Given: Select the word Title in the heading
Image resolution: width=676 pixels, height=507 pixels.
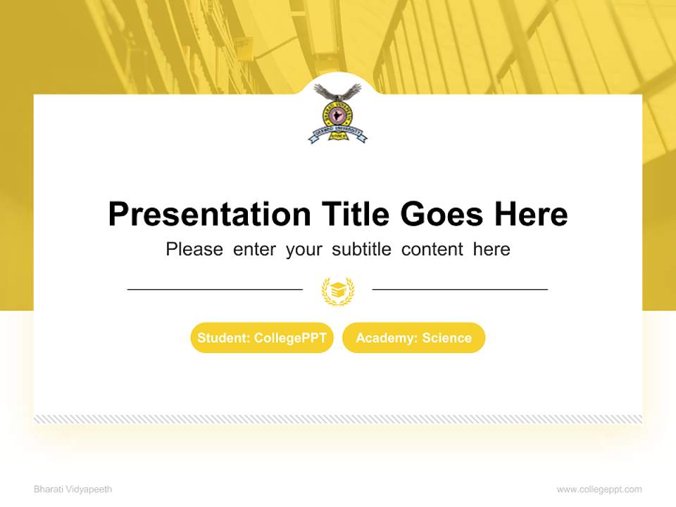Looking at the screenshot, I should click(355, 214).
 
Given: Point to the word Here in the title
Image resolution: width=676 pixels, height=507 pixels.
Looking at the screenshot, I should click(530, 214).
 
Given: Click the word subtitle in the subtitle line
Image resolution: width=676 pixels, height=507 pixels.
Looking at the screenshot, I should click(363, 249).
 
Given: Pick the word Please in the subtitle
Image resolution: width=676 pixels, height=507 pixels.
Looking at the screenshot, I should click(194, 249).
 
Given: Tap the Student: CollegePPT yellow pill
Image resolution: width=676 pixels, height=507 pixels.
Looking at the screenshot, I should click(262, 338).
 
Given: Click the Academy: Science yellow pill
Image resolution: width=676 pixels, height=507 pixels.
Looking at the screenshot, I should click(413, 338).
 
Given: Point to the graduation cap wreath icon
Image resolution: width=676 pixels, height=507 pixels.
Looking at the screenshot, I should click(338, 291).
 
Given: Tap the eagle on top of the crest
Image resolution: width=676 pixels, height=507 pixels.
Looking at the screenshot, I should click(337, 92).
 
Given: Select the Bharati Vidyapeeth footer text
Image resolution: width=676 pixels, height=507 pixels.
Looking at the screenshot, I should click(73, 489).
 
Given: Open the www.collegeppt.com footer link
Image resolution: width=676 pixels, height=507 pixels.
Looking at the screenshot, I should click(599, 489).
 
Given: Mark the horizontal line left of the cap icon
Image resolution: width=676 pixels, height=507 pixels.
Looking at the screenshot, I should click(215, 289).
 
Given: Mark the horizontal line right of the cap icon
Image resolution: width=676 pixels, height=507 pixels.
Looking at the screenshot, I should click(460, 289).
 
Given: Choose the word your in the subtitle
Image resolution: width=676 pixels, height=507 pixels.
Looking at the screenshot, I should click(303, 249).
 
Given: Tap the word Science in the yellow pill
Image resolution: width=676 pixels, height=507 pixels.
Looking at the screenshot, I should click(446, 338).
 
